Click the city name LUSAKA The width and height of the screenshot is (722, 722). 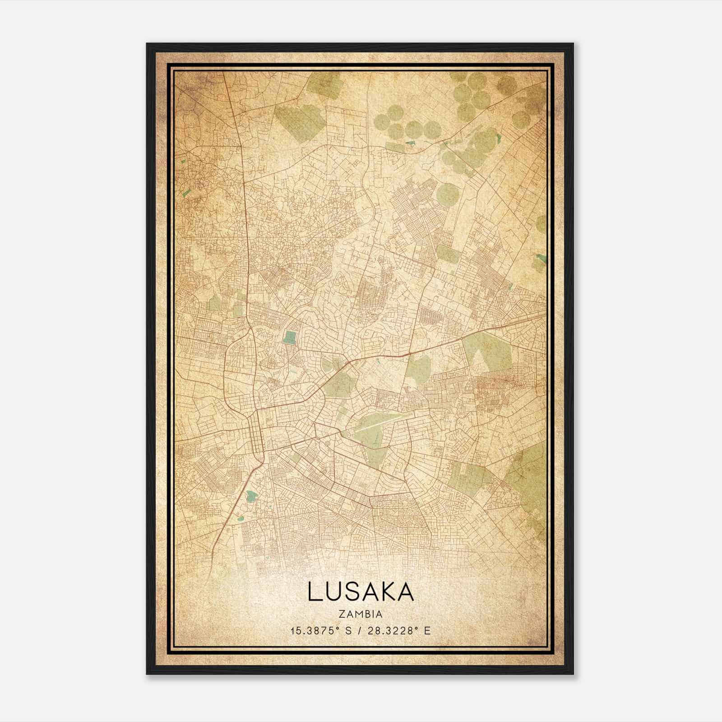click(361, 592)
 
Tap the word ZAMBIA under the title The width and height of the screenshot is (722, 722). click(361, 614)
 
